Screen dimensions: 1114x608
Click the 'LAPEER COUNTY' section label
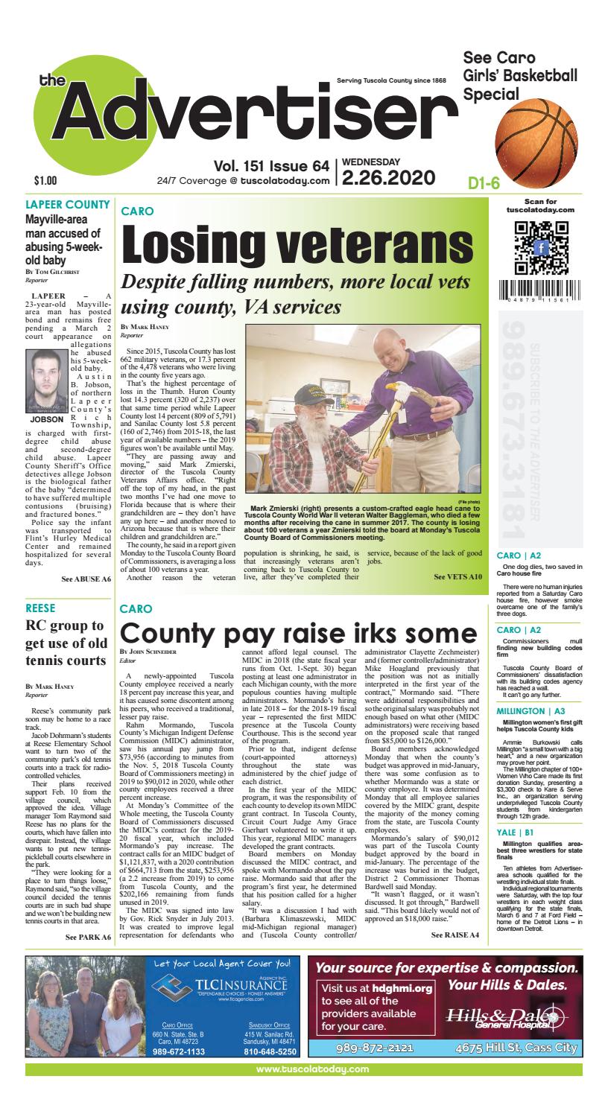[x=68, y=204]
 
